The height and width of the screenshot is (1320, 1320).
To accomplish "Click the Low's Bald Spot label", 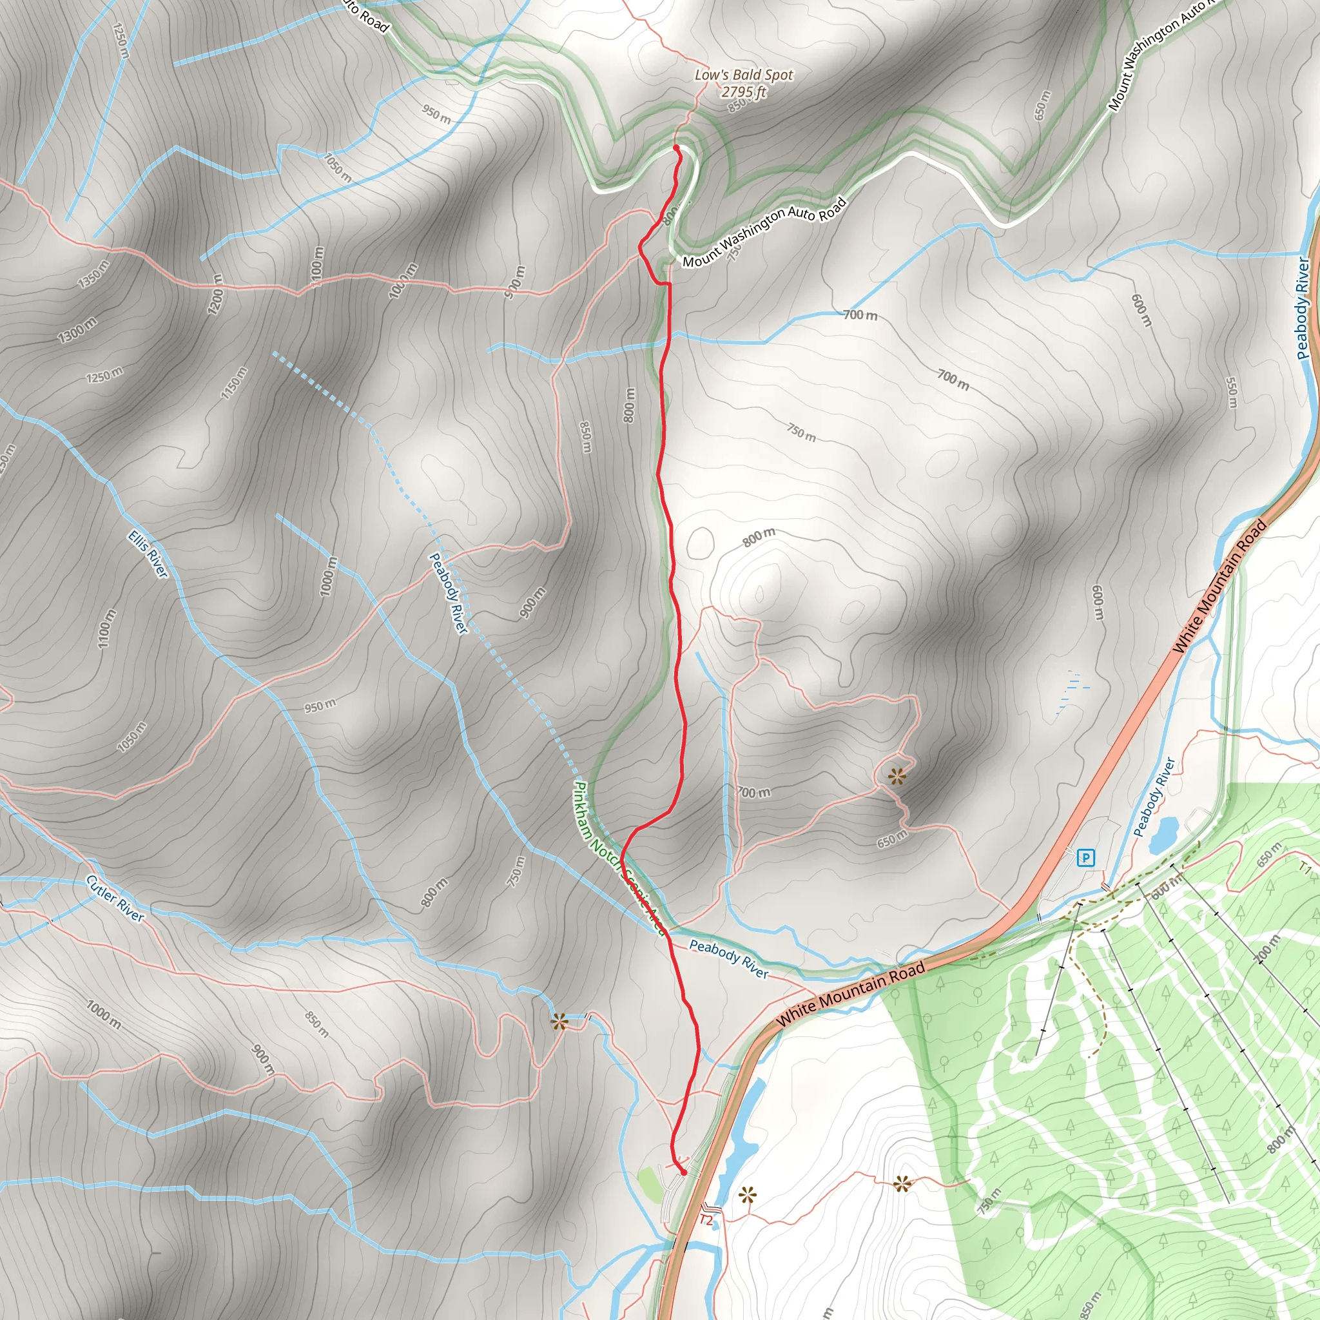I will [743, 75].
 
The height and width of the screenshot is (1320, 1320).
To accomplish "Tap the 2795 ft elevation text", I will [743, 92].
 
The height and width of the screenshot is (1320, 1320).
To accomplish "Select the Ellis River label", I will [148, 555].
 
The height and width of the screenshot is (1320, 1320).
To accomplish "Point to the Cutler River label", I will [115, 898].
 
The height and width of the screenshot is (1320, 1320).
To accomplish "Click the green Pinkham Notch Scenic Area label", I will [619, 858].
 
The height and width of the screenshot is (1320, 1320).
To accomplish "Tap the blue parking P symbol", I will [1085, 857].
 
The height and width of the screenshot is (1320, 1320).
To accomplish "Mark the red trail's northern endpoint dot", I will [675, 148].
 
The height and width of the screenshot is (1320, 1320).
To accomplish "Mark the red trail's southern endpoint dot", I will [684, 1173].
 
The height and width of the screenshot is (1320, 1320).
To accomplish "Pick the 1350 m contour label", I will [93, 274].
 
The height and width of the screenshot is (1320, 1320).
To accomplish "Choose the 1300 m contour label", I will [77, 330].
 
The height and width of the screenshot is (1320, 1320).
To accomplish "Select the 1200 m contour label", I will [216, 295].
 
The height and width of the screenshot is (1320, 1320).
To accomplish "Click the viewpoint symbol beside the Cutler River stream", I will [559, 1023].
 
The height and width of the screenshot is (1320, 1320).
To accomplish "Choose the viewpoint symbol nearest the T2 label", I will [748, 1195].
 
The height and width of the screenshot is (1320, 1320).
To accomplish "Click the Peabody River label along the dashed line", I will [448, 593].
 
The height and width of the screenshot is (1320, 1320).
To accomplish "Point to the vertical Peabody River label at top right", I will [1304, 307].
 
